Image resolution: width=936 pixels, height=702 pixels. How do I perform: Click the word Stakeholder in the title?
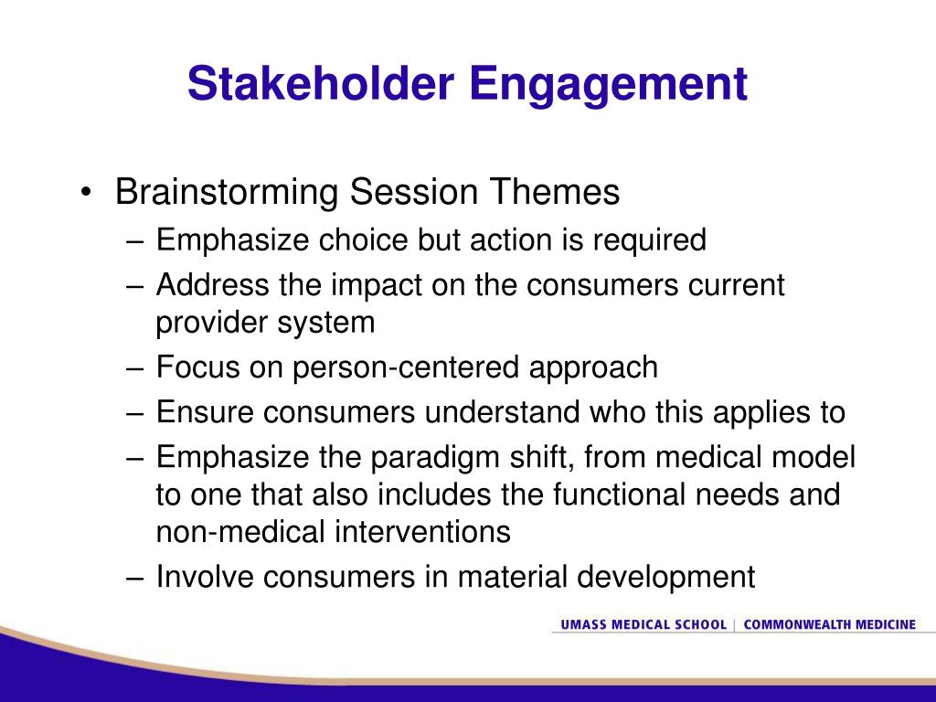tap(321, 83)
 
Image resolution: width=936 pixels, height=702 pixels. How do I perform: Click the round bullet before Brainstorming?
tap(87, 192)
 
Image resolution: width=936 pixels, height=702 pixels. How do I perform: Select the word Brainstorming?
tap(227, 192)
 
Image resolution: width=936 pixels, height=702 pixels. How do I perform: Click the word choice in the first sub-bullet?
tap(363, 240)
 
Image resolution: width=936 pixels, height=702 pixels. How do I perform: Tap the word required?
tap(650, 241)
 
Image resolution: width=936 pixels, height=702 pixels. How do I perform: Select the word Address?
tap(212, 284)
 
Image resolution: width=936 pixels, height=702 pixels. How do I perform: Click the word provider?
tap(211, 323)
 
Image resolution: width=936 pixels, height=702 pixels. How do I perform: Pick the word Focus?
tap(198, 367)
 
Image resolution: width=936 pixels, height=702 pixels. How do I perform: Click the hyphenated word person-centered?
tap(405, 367)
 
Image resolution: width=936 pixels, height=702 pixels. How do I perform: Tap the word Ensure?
tap(205, 412)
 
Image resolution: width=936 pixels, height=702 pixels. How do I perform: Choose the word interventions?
tap(422, 531)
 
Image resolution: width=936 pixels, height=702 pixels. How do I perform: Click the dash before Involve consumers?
tap(135, 578)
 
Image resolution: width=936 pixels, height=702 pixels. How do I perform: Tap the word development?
tap(666, 578)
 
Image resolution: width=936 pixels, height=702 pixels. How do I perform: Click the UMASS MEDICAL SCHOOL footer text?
tap(643, 624)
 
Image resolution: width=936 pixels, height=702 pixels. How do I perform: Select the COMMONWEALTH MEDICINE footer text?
tap(830, 624)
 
